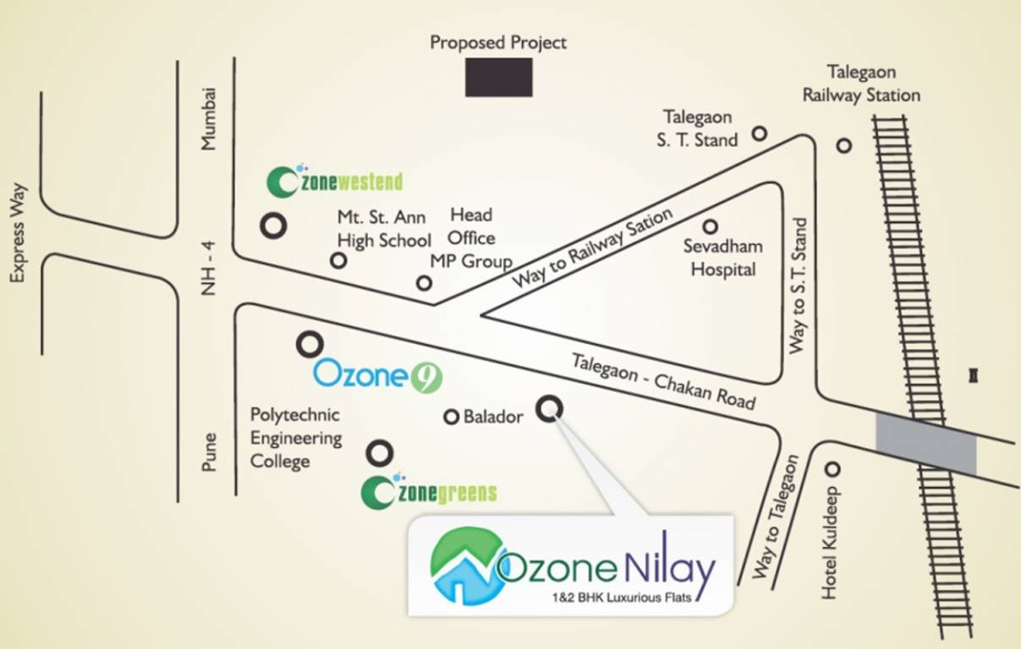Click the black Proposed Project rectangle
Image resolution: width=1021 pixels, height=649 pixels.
pos(499,77)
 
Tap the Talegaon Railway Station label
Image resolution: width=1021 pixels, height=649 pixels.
pos(861,84)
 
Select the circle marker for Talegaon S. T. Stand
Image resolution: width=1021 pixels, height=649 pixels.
pos(760,133)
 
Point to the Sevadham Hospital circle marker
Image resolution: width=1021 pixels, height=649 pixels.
pos(710,226)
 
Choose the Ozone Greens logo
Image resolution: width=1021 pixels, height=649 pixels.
pos(428,493)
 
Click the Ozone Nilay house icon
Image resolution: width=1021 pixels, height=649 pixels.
pos(463,565)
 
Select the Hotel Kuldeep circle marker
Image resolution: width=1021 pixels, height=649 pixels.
pos(832,469)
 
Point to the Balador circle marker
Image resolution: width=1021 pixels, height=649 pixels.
pos(451,417)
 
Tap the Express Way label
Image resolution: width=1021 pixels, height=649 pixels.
pos(19,232)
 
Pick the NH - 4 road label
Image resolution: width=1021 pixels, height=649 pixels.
pos(208,268)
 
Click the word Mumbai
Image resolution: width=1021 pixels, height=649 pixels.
pos(208,119)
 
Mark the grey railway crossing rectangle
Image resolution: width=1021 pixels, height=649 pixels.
pos(925,444)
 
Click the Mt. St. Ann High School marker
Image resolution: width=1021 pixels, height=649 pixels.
pos(338,261)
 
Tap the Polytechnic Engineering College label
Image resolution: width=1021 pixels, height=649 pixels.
pos(295,438)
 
